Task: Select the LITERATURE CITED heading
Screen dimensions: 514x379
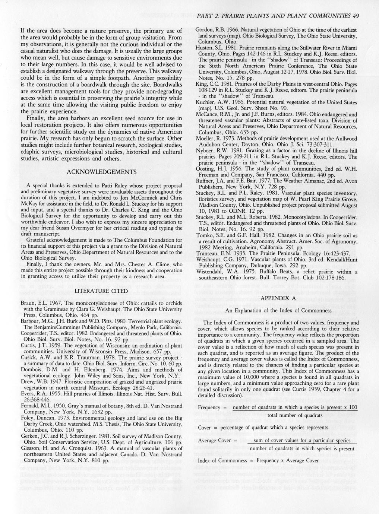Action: click(x=101, y=291)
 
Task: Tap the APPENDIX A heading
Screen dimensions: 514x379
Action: click(x=278, y=298)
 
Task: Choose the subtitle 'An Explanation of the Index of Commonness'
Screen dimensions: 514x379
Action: click(x=278, y=310)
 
